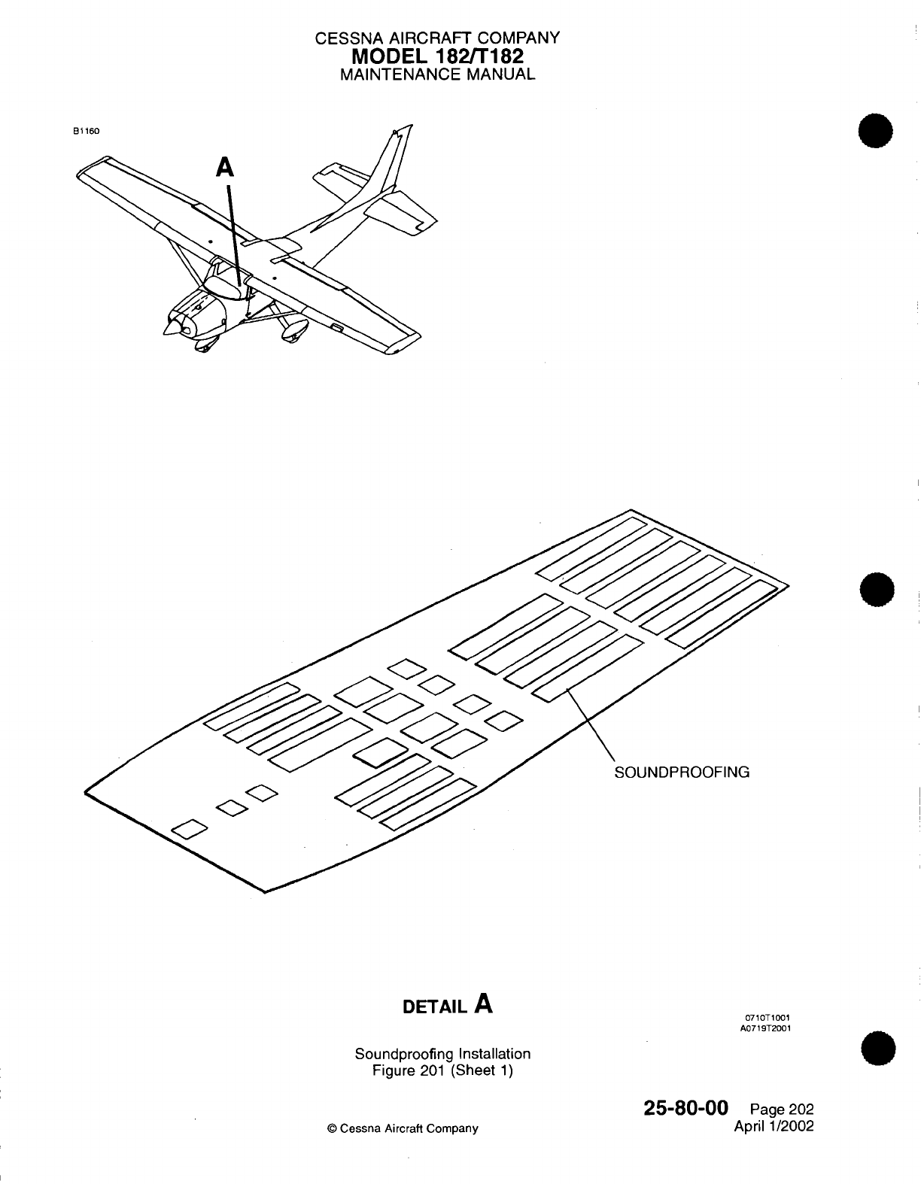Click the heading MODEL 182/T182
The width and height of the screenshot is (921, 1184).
pyautogui.click(x=437, y=56)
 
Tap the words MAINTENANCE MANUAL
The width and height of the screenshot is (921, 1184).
pyautogui.click(x=437, y=74)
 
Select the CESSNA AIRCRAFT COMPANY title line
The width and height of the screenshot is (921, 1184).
pyautogui.click(x=437, y=38)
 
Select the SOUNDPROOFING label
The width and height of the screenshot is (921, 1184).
pyautogui.click(x=682, y=772)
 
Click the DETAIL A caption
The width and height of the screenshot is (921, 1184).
pyautogui.click(x=448, y=1005)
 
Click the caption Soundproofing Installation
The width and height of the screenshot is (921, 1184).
pyautogui.click(x=442, y=1054)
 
